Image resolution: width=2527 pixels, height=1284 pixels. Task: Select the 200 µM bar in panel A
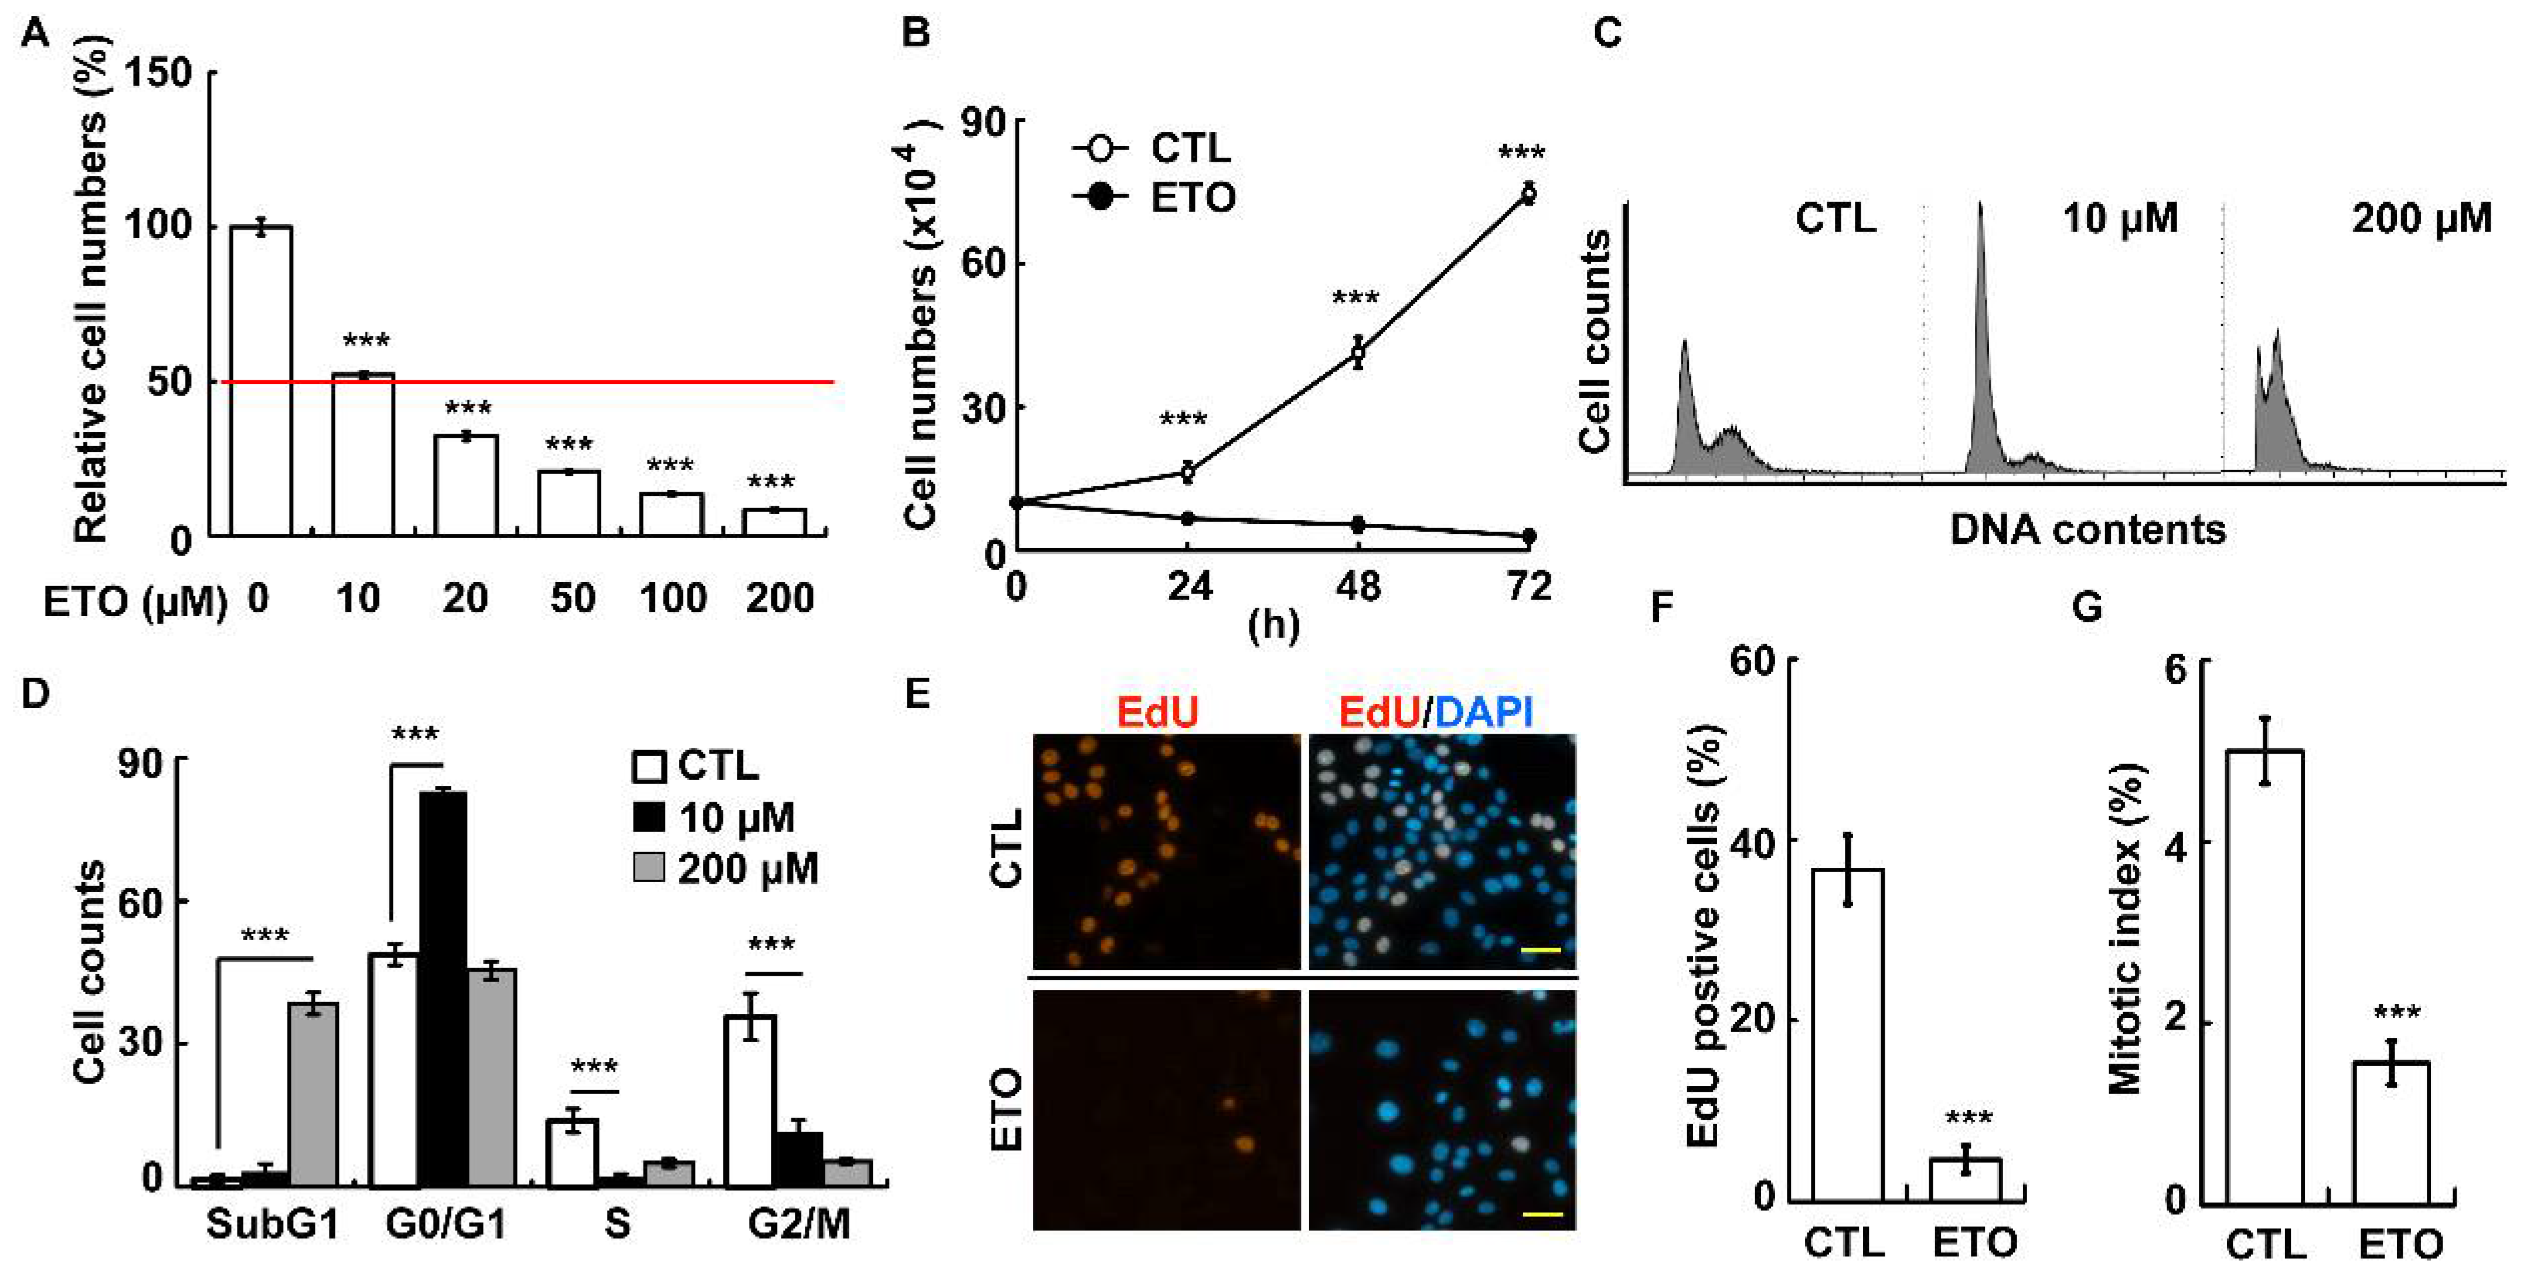(x=774, y=522)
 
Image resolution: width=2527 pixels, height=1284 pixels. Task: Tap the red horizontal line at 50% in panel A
(x=608, y=382)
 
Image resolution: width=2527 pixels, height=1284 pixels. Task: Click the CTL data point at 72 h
(x=1527, y=193)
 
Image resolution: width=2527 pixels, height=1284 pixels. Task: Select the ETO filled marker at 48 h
(x=1358, y=525)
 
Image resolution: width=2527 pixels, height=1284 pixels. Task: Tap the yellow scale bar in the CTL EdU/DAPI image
(x=1540, y=949)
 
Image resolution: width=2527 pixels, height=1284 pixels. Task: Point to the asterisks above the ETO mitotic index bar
(x=2396, y=1012)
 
